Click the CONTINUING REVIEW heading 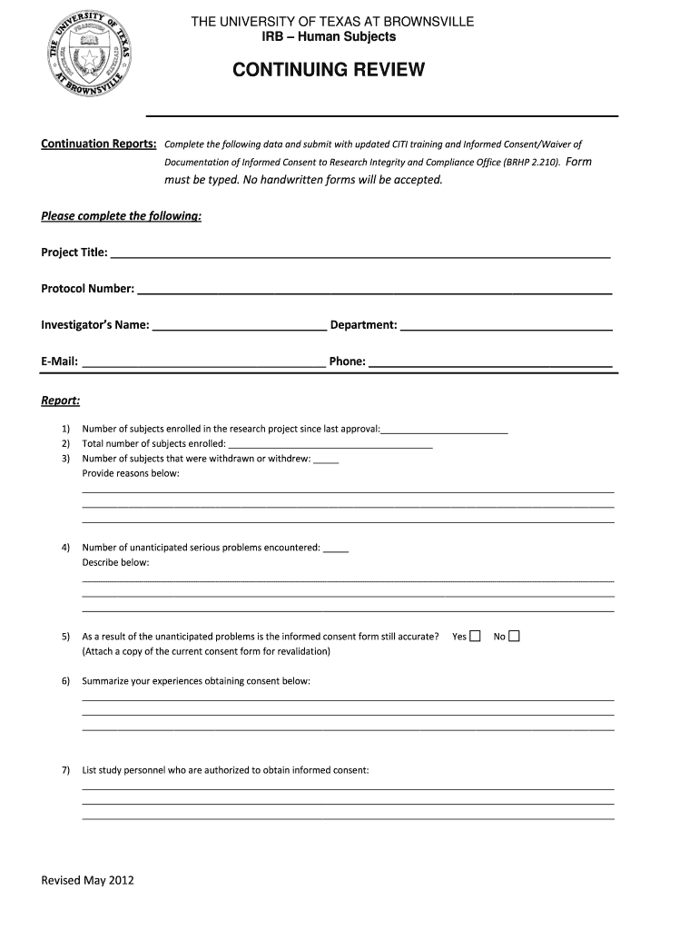pos(329,71)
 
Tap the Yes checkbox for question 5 pos(475,636)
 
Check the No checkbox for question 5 pos(514,636)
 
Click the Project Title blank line pos(359,252)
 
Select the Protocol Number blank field pos(374,289)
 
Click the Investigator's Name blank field pos(240,325)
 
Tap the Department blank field pos(506,325)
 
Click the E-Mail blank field pos(204,361)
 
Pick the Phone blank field pos(490,361)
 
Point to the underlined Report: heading pos(60,400)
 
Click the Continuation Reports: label pos(99,143)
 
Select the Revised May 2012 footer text pos(87,880)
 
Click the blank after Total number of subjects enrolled pos(330,444)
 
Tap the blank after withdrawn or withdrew pos(326,459)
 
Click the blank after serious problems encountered pos(336,548)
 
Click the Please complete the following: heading pos(121,216)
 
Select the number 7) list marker pos(65,770)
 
